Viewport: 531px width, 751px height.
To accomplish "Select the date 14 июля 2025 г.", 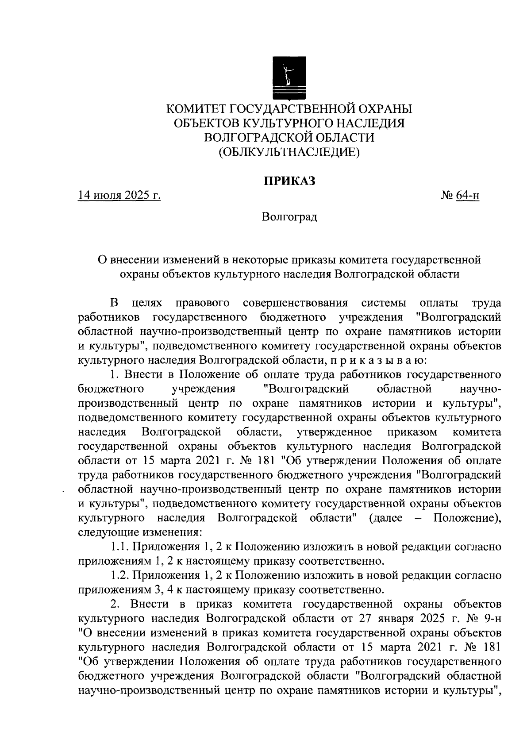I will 119,195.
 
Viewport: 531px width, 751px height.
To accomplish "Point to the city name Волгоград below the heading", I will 289,217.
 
